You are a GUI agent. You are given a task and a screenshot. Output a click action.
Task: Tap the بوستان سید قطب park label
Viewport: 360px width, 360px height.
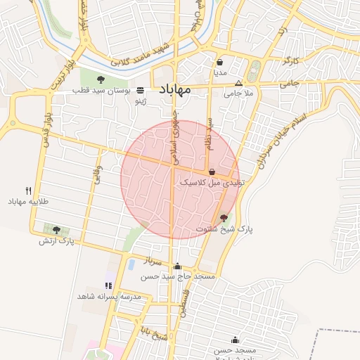coord(103,91)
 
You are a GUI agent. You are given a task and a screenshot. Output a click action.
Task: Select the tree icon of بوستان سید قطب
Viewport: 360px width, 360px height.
coord(101,79)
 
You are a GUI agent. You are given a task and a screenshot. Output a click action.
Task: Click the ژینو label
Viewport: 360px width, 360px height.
coord(141,101)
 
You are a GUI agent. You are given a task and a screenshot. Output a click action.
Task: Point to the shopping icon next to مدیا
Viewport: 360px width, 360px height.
coord(220,62)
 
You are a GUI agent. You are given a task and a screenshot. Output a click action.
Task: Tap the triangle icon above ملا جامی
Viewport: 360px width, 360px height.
coord(238,83)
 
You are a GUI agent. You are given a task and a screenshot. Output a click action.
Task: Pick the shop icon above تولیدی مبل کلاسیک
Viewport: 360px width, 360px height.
coord(212,172)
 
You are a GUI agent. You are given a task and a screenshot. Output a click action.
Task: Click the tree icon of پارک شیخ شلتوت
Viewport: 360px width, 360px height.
coord(224,218)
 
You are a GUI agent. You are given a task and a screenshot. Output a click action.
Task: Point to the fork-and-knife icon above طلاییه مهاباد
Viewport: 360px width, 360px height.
coord(28,191)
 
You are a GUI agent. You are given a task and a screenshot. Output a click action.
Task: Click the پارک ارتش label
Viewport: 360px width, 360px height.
coord(57,241)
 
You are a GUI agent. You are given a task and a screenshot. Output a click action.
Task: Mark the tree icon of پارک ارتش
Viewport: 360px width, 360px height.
coord(56,230)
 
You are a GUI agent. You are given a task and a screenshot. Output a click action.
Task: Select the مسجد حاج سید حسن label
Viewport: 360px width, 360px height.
coord(177,277)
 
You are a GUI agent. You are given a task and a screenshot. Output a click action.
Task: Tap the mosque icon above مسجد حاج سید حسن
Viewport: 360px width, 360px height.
coord(177,266)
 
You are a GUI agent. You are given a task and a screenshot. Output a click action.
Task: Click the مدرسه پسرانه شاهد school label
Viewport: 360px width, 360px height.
coord(111,297)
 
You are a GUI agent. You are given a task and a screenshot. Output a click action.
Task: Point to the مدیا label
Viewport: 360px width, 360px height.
coord(220,72)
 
